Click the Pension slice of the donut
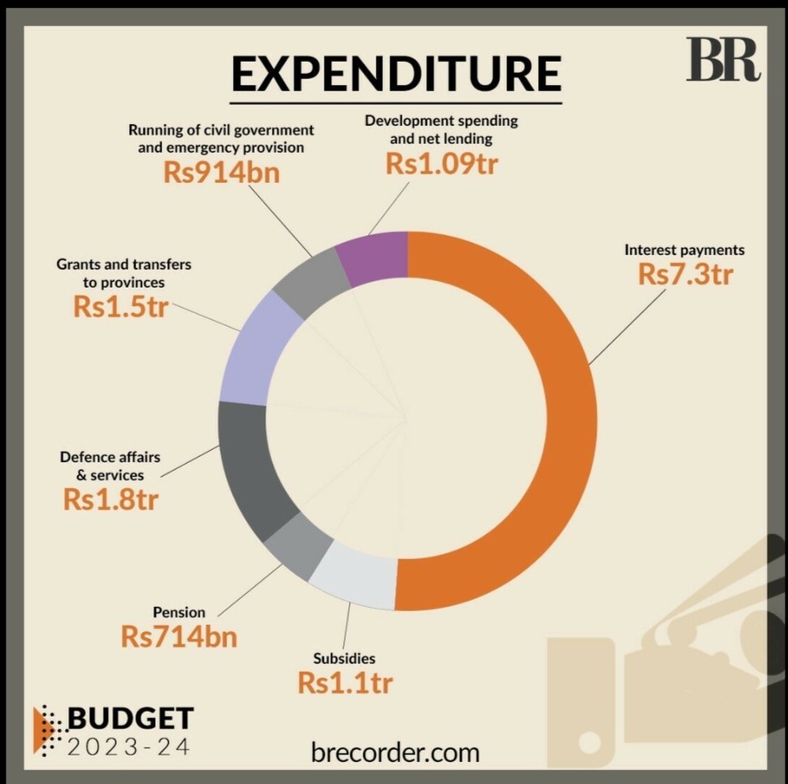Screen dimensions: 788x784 [x=299, y=546]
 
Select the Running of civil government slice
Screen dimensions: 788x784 [x=312, y=282]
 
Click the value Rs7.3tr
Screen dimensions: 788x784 [x=686, y=275]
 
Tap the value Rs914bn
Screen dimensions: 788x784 [x=222, y=172]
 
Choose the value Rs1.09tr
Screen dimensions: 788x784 [x=441, y=164]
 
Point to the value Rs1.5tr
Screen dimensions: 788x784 [x=121, y=307]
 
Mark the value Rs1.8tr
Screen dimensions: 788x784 [x=110, y=500]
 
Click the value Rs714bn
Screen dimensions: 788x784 [x=179, y=637]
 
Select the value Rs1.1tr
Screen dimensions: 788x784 [x=345, y=683]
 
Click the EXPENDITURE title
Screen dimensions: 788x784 [x=396, y=73]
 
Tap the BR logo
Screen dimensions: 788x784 [x=723, y=59]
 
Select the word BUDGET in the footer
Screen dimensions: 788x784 [x=131, y=718]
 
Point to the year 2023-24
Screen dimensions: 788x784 [x=129, y=747]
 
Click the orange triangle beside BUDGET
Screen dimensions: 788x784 [x=42, y=730]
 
